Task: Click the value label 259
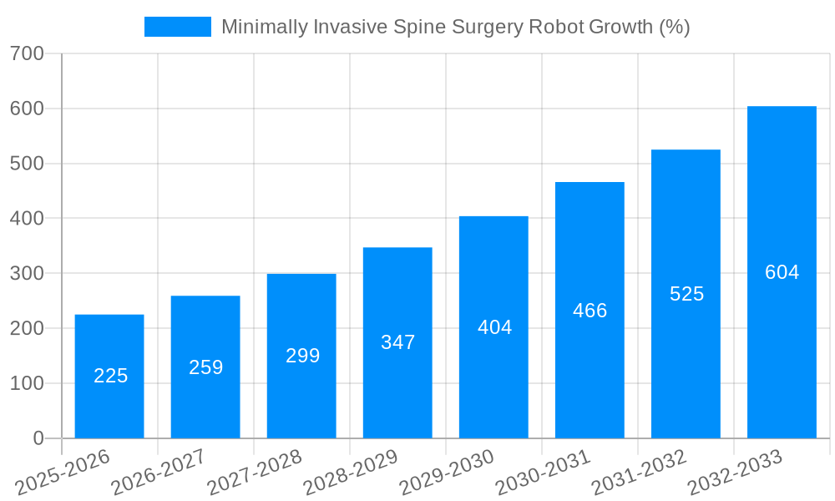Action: (x=205, y=367)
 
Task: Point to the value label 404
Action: (x=494, y=327)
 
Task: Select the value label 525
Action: (x=686, y=294)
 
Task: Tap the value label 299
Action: (x=302, y=356)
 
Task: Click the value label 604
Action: (x=782, y=272)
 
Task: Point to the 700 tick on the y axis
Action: (x=27, y=53)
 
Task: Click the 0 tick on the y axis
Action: (x=38, y=438)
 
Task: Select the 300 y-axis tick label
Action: (x=27, y=273)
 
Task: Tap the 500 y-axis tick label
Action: (x=27, y=164)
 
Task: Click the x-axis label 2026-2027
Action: (x=159, y=473)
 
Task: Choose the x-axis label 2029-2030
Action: (x=447, y=473)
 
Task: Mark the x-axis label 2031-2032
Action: (x=639, y=473)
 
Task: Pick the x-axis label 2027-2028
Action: (x=255, y=473)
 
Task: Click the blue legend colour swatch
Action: (x=178, y=27)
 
